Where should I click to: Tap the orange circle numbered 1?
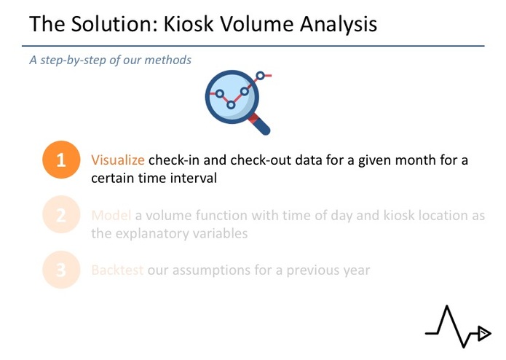coord(61,160)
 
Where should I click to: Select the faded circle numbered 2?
coord(61,215)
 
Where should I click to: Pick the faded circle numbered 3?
coord(61,270)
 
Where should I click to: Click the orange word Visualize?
coord(118,160)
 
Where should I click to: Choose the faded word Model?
coord(111,216)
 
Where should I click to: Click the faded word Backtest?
coord(117,270)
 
